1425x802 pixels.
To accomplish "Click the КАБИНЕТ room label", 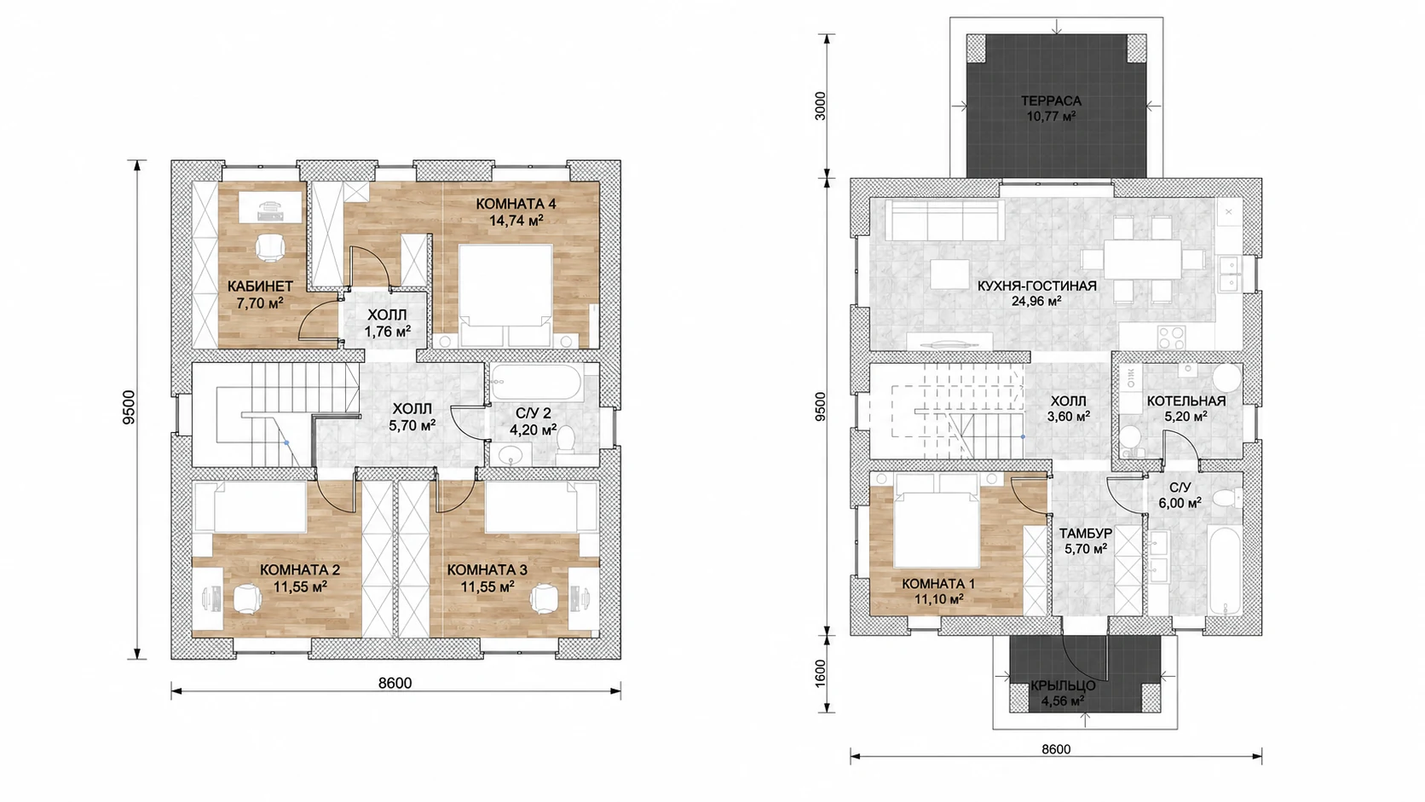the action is click(x=260, y=286).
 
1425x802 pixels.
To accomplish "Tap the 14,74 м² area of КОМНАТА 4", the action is click(x=516, y=220).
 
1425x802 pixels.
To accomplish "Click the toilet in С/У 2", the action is click(x=564, y=439).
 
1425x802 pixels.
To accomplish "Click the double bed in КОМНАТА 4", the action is click(x=505, y=295).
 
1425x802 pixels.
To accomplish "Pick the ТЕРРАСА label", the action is click(x=1051, y=101).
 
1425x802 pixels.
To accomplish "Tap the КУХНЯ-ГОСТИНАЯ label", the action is click(x=1037, y=286).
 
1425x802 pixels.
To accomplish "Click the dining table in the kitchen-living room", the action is click(x=1142, y=258).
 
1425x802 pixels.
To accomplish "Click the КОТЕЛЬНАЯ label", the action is click(x=1186, y=401).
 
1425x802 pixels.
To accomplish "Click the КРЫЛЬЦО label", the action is click(x=1063, y=685).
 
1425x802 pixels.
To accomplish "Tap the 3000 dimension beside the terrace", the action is click(x=821, y=106).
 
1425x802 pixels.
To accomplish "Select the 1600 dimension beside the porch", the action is click(x=821, y=672).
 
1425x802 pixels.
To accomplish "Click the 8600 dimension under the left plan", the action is click(x=395, y=683).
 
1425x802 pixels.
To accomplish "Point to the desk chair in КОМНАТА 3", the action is click(x=545, y=597).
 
